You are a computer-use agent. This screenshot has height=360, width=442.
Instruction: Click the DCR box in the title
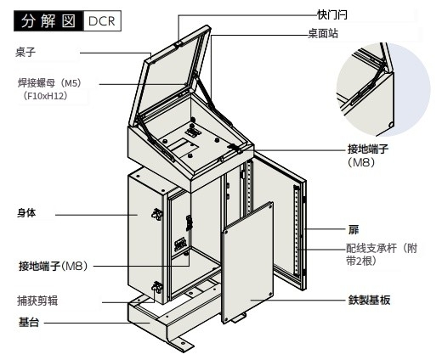coord(102,21)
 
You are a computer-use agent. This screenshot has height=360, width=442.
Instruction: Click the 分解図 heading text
coord(48,21)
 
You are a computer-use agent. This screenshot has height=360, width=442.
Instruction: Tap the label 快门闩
coord(332,15)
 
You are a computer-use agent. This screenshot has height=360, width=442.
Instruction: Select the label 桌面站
coord(323,33)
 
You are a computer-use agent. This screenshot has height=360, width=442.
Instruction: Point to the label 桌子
coord(25,52)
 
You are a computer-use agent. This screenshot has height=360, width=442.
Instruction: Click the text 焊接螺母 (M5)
coord(49,83)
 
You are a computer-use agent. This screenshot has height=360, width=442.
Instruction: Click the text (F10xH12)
coord(46,96)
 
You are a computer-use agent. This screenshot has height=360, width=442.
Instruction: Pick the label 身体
coord(26,213)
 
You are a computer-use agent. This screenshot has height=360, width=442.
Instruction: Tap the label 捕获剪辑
coord(37,301)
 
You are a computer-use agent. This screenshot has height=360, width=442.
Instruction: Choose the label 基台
coord(29,323)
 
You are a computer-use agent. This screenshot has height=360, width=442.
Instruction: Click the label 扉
coord(354,229)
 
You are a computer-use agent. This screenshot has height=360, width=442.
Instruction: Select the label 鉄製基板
coord(369,300)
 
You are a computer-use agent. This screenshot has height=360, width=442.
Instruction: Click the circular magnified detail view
coord(383,89)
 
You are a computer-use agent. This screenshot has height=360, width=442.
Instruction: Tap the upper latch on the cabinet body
coord(157,214)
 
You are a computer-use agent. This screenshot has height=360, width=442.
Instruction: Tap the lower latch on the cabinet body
coord(157,287)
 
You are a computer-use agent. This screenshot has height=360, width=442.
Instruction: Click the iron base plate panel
coord(247,262)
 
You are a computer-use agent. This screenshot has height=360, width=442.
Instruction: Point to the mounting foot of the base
coord(181,343)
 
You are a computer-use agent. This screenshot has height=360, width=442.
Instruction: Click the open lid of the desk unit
coord(169,76)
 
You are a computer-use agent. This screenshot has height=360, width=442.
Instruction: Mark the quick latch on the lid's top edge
coord(178,44)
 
